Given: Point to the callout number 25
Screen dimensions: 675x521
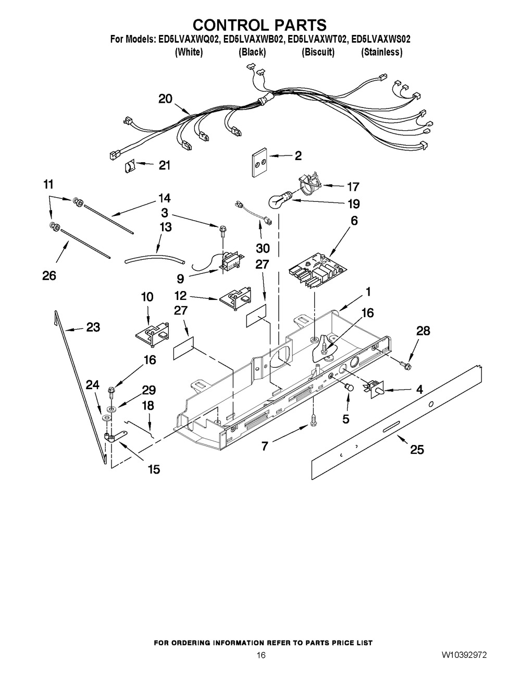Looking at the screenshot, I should (x=417, y=449).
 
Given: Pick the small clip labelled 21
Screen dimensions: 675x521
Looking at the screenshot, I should (x=129, y=166).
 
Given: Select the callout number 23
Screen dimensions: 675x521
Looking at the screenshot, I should (x=93, y=327).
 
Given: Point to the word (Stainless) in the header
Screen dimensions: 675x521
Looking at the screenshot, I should (x=381, y=52).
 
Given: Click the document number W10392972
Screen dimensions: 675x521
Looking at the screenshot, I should (x=467, y=654).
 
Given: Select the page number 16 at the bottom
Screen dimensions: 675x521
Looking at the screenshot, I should (x=261, y=655).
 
